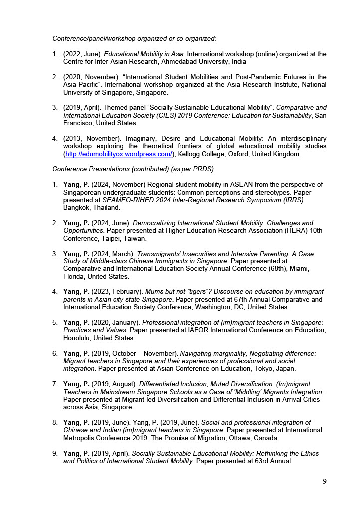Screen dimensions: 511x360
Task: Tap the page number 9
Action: (325, 481)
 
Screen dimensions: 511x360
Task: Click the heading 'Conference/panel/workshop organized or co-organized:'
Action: (134, 38)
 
